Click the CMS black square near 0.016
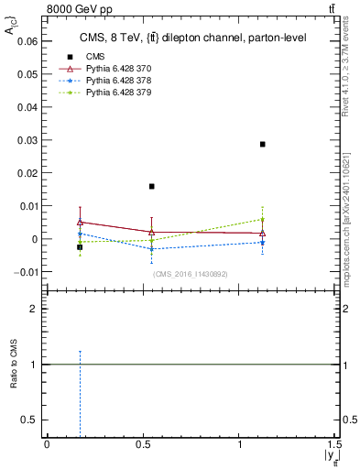tap(151, 186)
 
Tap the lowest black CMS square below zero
tap(80, 247)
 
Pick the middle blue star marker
tap(151, 249)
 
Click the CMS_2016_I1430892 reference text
tap(190, 274)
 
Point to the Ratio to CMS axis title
tap(14, 365)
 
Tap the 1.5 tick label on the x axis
tap(335, 443)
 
